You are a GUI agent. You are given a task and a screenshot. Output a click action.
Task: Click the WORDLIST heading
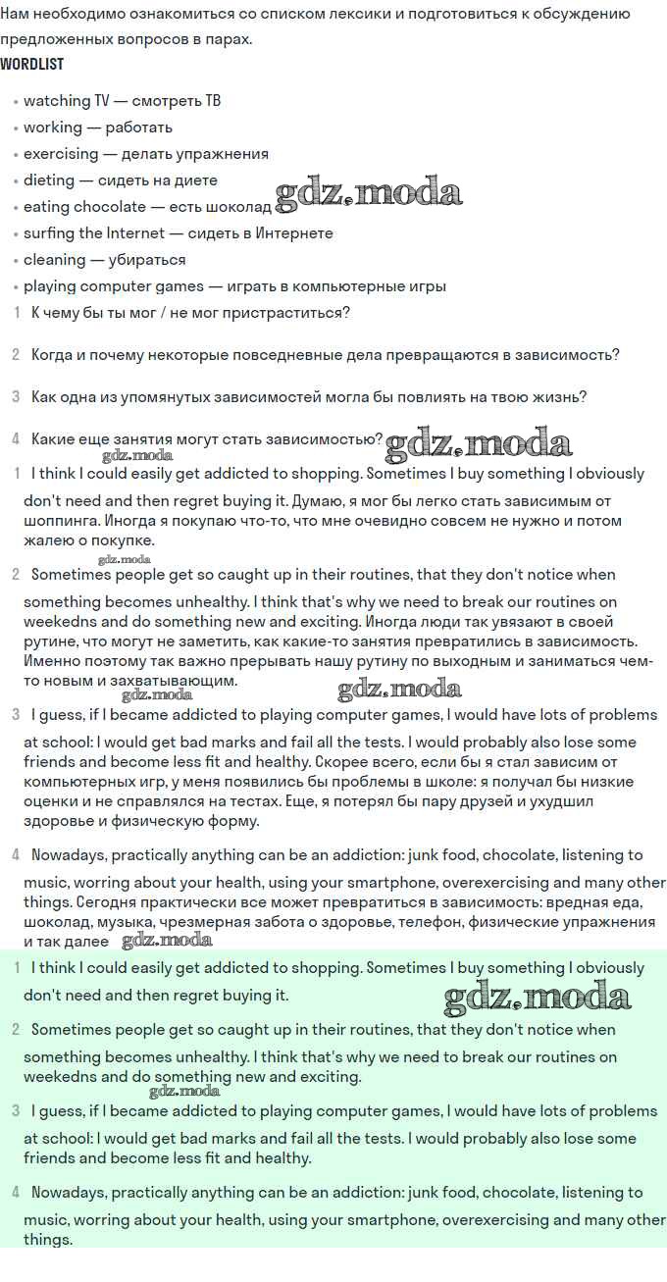[x=32, y=64]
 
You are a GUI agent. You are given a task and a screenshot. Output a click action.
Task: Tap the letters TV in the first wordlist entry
[x=102, y=101]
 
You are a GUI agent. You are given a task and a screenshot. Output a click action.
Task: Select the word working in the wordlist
[x=53, y=128]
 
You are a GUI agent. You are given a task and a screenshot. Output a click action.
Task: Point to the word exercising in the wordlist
[x=61, y=154]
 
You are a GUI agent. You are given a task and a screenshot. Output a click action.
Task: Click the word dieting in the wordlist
[x=50, y=180]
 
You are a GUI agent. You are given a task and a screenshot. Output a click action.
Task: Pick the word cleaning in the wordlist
[x=54, y=260]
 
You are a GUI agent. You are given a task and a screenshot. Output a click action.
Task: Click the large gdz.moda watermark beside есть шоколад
[x=369, y=193]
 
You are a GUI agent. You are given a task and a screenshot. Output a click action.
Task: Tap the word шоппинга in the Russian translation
[x=61, y=521]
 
